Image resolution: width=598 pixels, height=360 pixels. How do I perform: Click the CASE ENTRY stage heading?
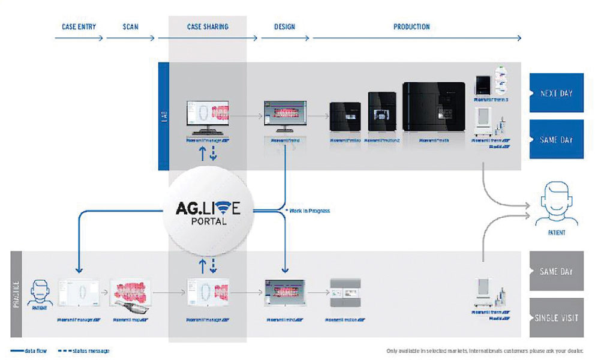(79, 27)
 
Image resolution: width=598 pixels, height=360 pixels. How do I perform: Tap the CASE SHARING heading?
(208, 27)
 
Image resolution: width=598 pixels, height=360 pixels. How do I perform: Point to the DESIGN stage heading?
(284, 27)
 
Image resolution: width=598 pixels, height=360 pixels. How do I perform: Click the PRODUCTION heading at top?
(411, 27)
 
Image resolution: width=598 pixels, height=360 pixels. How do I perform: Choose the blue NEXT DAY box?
(555, 94)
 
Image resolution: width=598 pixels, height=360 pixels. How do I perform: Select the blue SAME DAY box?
(555, 139)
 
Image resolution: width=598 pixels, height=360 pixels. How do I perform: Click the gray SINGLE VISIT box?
(555, 317)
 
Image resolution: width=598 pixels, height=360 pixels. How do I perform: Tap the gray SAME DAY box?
(555, 271)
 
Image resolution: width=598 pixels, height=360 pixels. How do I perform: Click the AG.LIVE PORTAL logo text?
(206, 213)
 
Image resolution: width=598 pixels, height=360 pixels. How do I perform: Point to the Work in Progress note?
(308, 211)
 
